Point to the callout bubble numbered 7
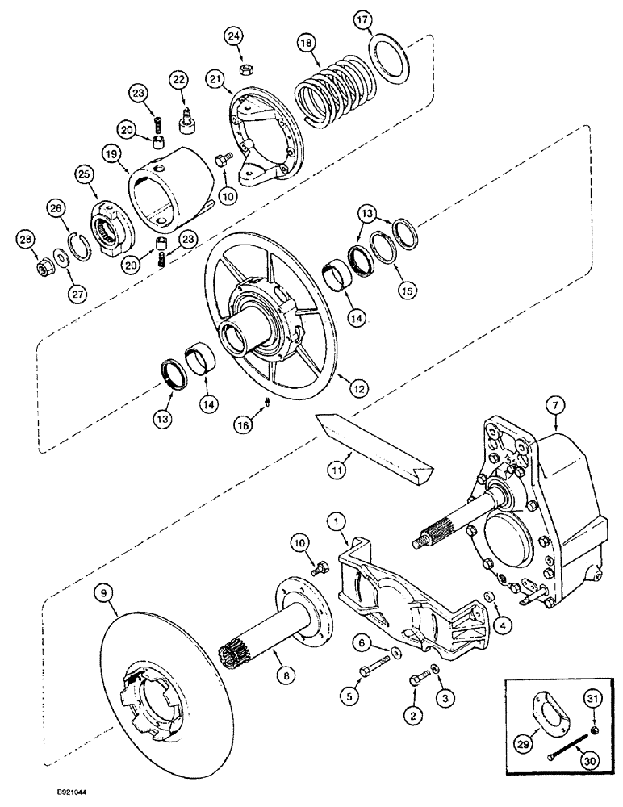[554, 403]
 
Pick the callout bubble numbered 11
[338, 467]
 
